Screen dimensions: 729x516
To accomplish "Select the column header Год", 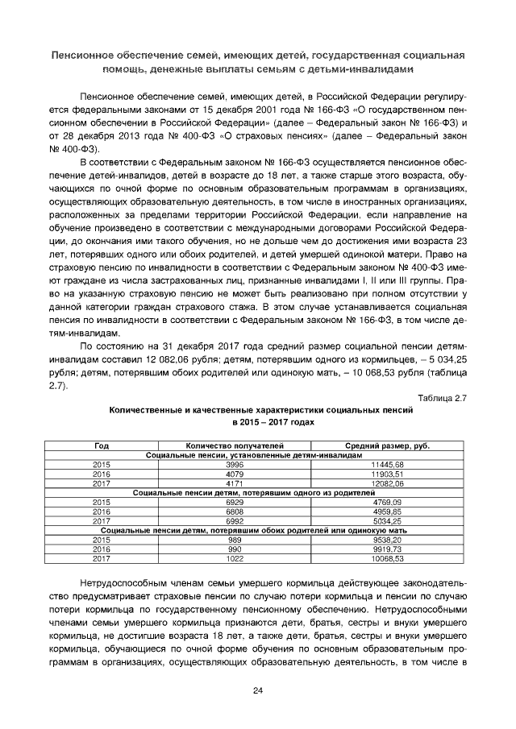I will coord(102,445).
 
